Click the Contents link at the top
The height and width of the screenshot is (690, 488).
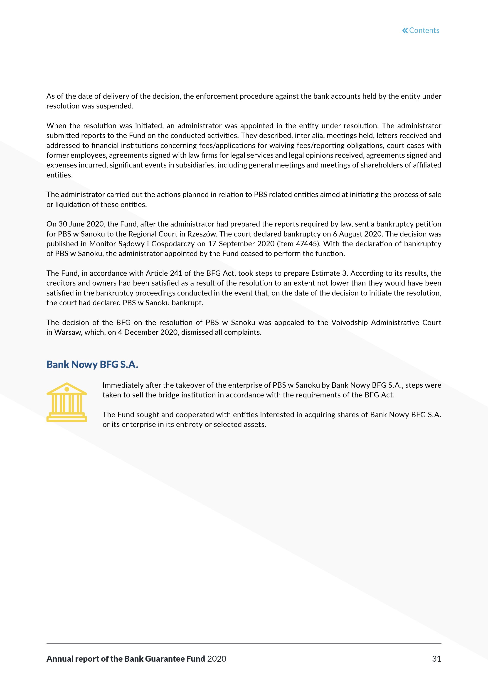tap(424, 30)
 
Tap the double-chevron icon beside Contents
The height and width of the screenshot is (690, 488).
tap(405, 30)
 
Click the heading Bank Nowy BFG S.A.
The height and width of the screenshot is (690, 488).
tap(92, 364)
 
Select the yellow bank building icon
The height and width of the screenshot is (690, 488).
tap(67, 402)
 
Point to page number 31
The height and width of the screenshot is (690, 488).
tap(436, 659)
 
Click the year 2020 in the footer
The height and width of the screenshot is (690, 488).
tap(217, 659)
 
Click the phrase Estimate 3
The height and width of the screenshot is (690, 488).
tap(330, 273)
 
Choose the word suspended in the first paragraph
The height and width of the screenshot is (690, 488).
tap(118, 106)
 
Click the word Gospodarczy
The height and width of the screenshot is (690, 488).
tap(173, 244)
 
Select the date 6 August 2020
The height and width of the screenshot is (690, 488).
tap(357, 234)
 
